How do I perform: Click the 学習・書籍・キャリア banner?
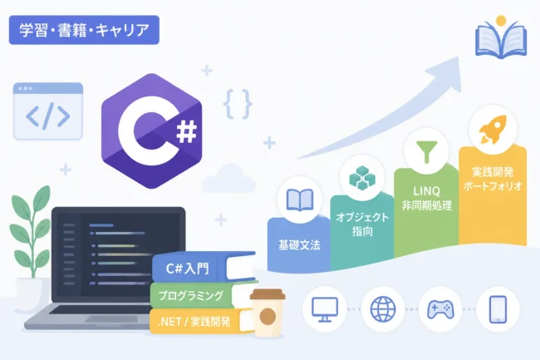(84, 30)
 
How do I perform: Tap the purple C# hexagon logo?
(151, 131)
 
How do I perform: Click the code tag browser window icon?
(48, 111)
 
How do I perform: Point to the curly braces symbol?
(238, 104)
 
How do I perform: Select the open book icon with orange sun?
(501, 37)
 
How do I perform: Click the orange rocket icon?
(493, 130)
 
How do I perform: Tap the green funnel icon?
(427, 151)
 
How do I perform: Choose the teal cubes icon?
(362, 178)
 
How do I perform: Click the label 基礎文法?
(299, 245)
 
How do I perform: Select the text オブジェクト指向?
(362, 224)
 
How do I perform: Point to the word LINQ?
(426, 191)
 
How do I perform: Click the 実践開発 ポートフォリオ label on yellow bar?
(493, 179)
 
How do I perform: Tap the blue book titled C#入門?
(204, 268)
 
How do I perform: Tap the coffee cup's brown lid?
(268, 294)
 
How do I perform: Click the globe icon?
(383, 309)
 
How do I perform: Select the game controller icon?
(440, 309)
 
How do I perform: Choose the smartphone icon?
(498, 309)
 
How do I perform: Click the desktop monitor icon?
(324, 309)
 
